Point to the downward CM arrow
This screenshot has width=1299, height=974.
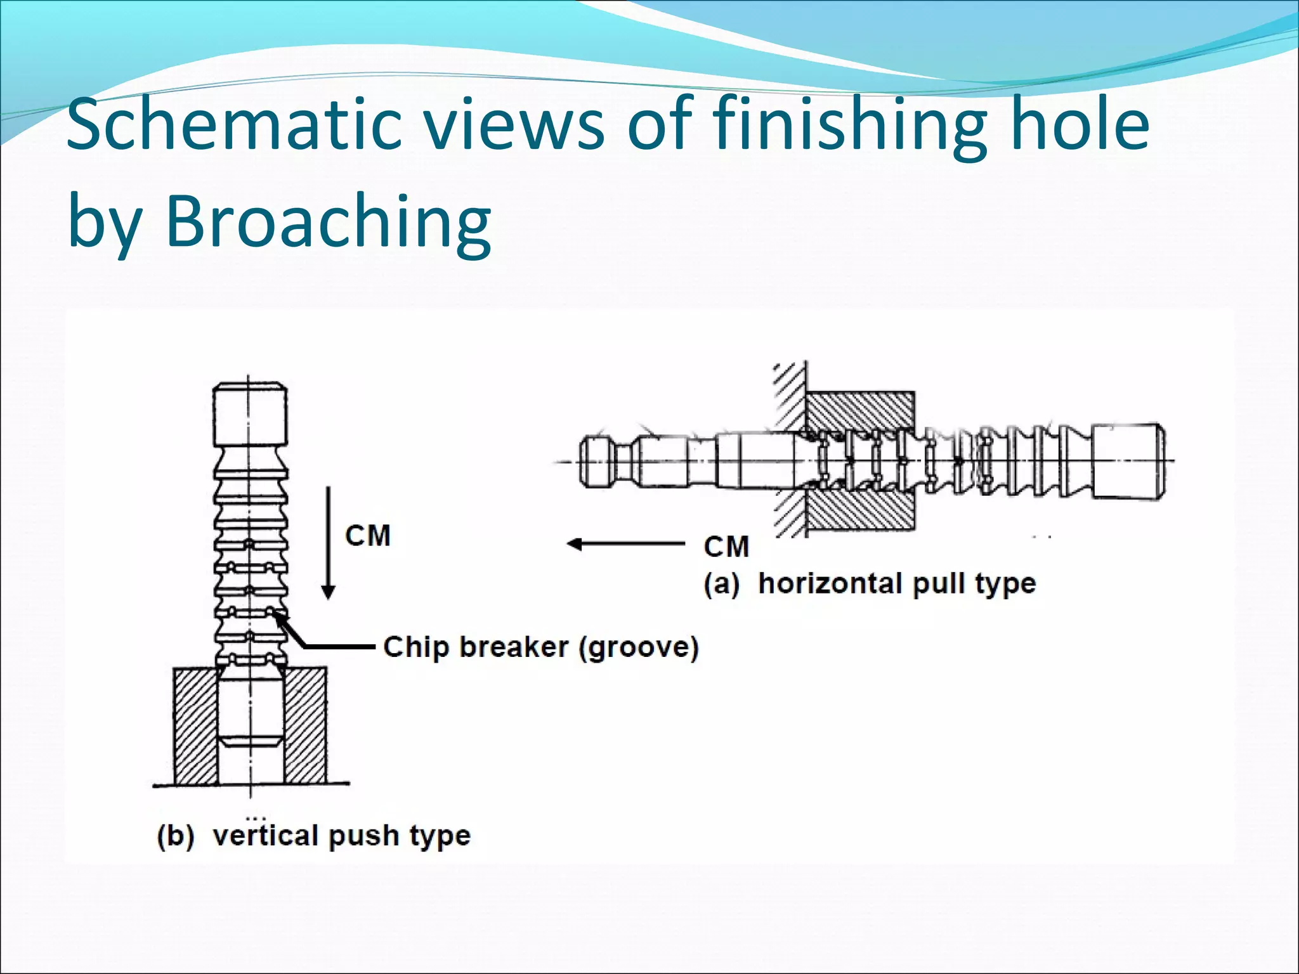click(328, 543)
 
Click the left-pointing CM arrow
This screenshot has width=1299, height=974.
click(625, 544)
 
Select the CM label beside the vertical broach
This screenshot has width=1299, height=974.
click(368, 536)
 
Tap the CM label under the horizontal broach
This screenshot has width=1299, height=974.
click(726, 547)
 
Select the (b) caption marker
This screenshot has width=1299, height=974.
click(175, 836)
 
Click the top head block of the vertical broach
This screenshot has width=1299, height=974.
click(249, 415)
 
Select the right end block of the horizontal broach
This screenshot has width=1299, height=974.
click(1128, 461)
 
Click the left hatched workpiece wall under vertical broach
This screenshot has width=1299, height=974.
click(195, 725)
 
